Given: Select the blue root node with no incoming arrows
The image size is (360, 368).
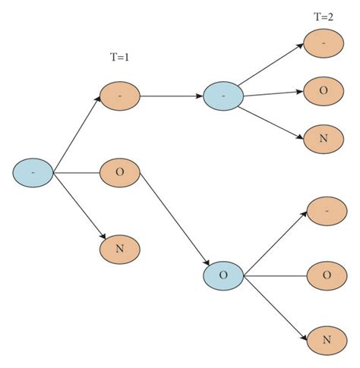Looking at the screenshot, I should [x=33, y=173].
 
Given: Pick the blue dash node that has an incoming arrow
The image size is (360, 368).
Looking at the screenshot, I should [x=223, y=97].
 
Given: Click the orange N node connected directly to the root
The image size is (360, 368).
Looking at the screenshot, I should [x=120, y=249].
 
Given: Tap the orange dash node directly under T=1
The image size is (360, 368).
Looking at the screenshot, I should [x=120, y=96].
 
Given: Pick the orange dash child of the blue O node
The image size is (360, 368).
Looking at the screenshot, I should [x=326, y=211].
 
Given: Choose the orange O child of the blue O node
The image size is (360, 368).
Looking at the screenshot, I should [x=326, y=275].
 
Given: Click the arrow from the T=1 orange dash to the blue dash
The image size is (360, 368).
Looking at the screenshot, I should [x=172, y=97].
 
